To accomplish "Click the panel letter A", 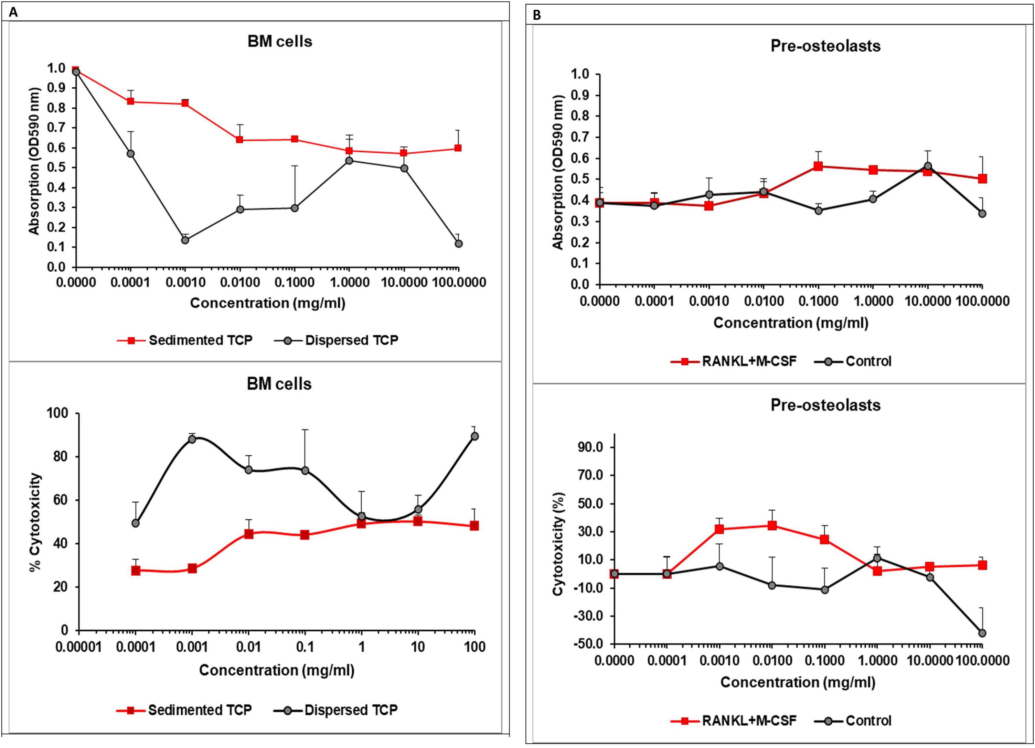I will click(x=13, y=12).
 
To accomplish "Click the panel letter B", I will click(x=537, y=15).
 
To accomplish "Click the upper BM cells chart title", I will click(x=280, y=42).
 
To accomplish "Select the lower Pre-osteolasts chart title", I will click(x=825, y=405).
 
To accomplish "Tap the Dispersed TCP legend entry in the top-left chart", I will click(x=351, y=340).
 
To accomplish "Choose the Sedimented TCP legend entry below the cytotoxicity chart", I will click(x=200, y=710).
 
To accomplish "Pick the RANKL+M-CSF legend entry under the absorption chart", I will click(x=749, y=361).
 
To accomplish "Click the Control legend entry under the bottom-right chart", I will click(x=868, y=720).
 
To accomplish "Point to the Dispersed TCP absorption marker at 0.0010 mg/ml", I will click(x=185, y=240).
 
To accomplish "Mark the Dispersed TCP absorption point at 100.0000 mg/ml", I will click(x=459, y=243).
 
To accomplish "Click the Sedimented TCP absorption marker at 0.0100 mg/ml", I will click(x=239, y=140).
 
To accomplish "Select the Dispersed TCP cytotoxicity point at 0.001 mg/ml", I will click(x=192, y=439).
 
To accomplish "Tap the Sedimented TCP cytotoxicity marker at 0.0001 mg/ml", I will click(x=136, y=571).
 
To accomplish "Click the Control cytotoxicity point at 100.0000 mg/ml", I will click(x=982, y=633).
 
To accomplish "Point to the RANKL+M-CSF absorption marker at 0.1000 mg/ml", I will click(x=818, y=166).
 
